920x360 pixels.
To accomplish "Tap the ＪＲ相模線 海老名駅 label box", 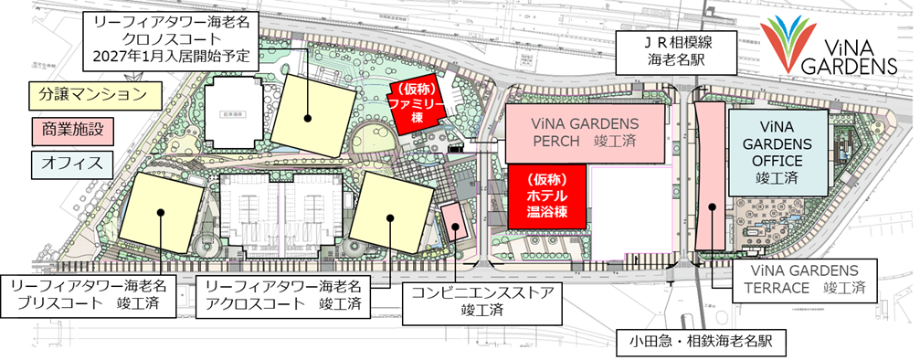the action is (x=678, y=54).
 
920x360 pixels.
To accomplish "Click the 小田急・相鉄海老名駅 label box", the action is (x=694, y=341).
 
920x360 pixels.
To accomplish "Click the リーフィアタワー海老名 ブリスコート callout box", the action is (x=90, y=294).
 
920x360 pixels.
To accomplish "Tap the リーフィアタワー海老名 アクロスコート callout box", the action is (x=283, y=294).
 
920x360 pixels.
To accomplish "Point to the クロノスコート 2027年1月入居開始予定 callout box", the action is (x=170, y=36).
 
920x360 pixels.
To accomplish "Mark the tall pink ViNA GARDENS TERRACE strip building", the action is (x=710, y=174).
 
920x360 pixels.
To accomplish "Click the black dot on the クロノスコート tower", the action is (x=310, y=117).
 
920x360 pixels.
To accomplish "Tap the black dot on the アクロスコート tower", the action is (x=389, y=217).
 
